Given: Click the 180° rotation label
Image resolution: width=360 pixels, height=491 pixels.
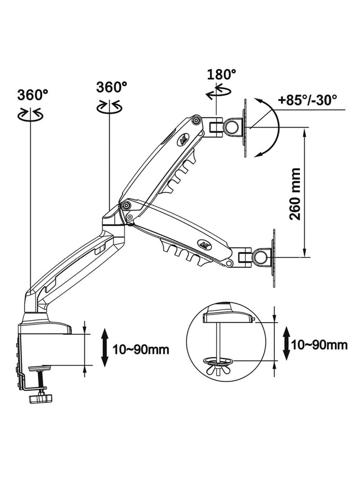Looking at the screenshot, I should (x=221, y=75).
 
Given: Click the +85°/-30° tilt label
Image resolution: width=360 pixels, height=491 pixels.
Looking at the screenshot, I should (x=307, y=99).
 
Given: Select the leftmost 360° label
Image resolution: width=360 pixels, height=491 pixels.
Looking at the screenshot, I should (x=33, y=95).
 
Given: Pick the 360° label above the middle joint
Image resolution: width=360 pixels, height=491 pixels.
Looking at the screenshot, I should (x=112, y=86).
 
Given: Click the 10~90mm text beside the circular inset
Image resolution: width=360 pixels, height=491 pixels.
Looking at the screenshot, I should (x=319, y=345).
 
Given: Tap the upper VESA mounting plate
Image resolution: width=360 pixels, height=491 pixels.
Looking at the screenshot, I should (x=245, y=128).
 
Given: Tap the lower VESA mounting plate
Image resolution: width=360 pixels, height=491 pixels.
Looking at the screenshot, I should (x=273, y=257).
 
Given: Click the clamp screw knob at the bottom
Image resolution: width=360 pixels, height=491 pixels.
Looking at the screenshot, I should (x=39, y=399).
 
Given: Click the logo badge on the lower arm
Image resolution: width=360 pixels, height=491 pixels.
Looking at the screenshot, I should (x=205, y=244).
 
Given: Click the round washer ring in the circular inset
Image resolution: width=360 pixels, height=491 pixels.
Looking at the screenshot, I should (x=217, y=360).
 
